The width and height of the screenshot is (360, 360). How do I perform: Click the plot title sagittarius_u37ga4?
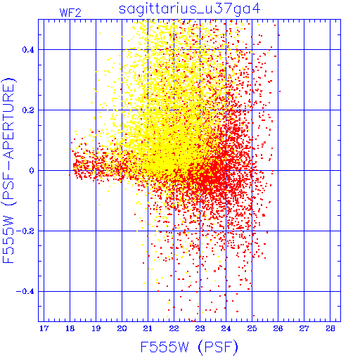(190, 9)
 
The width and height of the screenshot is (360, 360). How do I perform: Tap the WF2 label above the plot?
(70, 13)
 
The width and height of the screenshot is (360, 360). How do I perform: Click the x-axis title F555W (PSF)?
(189, 347)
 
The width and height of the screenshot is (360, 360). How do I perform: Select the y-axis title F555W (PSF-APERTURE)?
(8, 171)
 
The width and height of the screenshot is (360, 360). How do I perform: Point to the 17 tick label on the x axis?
(44, 328)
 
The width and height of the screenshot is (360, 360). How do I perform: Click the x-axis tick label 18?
(70, 328)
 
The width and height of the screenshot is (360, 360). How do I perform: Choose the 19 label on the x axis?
(96, 328)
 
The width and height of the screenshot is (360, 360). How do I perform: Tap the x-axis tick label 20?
(122, 328)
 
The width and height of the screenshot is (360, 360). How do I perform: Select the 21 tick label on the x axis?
(148, 328)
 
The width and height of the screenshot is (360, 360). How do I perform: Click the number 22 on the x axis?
(174, 328)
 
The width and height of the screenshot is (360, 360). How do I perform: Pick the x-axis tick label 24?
(226, 328)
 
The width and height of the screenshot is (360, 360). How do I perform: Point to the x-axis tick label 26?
(278, 328)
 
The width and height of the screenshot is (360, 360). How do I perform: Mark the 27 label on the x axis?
(304, 328)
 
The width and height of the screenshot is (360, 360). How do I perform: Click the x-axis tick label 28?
(330, 328)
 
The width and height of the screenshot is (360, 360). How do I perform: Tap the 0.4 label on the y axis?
(28, 50)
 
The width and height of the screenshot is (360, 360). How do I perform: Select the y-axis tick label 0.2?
(28, 110)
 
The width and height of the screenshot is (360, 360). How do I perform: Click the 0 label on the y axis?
(32, 171)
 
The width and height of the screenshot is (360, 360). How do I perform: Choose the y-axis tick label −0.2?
(25, 231)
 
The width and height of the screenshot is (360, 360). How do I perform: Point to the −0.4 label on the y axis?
(25, 292)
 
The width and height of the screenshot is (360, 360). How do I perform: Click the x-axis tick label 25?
(252, 328)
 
